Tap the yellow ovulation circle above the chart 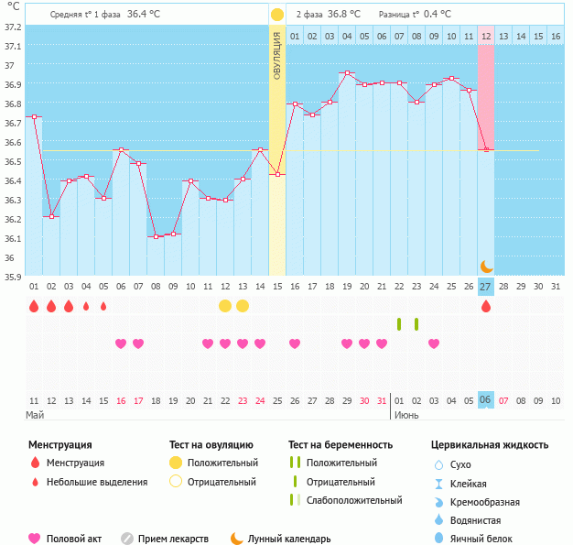276,15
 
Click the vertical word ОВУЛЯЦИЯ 276,54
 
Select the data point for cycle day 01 34,117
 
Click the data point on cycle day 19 347,73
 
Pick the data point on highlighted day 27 486,149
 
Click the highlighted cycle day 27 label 486,287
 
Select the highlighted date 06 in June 486,400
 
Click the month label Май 35,415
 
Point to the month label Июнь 406,415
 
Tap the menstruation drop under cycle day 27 486,306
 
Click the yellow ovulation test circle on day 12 225,306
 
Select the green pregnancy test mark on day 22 399,323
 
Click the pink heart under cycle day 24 260,343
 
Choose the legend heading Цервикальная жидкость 490,444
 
